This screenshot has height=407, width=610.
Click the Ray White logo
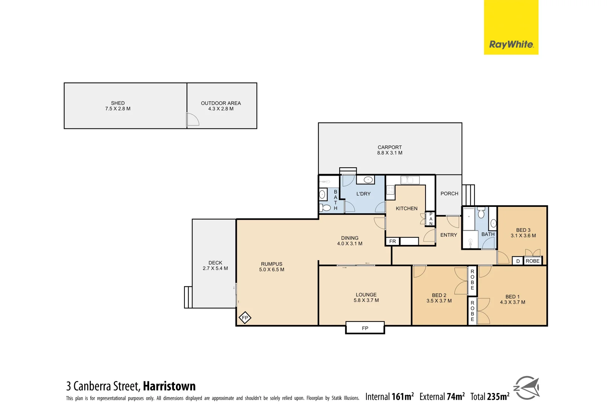point(511,44)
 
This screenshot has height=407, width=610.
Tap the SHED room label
point(117,103)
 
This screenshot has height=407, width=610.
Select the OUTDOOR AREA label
point(221,103)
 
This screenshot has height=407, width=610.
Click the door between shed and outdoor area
point(192,119)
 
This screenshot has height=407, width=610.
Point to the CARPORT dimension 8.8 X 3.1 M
point(389,153)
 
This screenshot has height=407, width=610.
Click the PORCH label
point(449,194)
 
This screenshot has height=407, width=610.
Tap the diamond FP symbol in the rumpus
point(245,318)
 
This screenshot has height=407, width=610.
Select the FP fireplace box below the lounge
point(365,328)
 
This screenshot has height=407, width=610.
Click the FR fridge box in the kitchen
point(392,242)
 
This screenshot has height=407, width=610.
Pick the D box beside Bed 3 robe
point(518,261)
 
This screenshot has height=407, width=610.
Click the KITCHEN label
point(406,208)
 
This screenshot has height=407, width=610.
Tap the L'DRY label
point(363,194)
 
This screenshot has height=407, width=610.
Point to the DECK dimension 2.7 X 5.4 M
point(215,268)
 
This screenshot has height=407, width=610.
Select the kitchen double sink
point(410,180)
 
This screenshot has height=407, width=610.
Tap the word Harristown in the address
point(169,386)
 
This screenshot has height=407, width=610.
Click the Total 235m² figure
point(490,396)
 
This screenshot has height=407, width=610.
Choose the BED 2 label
point(439,295)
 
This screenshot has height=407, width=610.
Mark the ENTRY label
point(448,235)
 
